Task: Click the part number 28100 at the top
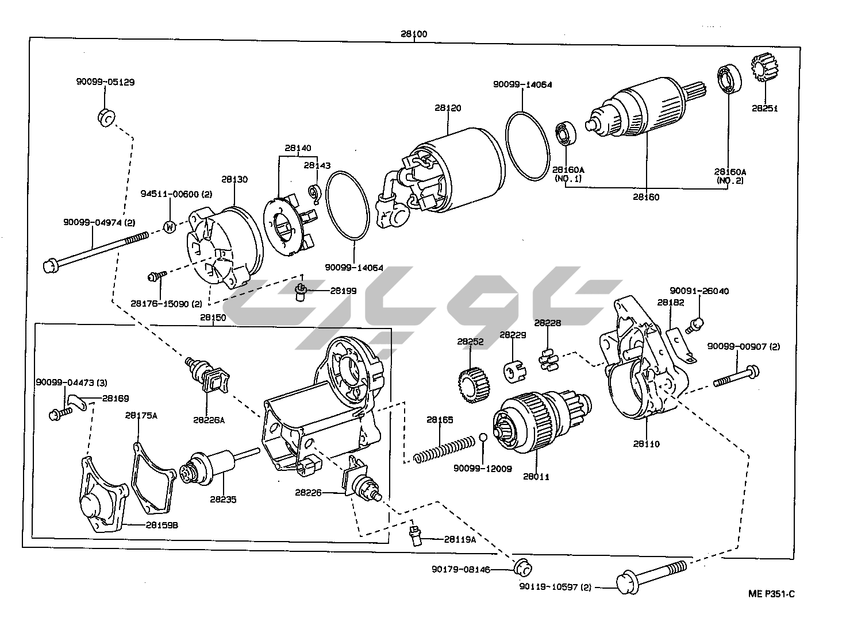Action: pos(414,34)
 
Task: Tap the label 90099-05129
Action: pos(105,82)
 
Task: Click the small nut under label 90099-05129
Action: pos(105,117)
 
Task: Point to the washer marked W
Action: pos(170,226)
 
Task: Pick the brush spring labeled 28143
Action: pos(314,194)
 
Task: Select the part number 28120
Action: pos(448,108)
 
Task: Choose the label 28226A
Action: pos(209,420)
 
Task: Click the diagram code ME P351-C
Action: pos(771,594)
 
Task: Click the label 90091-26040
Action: pos(699,291)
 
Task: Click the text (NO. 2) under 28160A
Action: pos(729,181)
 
